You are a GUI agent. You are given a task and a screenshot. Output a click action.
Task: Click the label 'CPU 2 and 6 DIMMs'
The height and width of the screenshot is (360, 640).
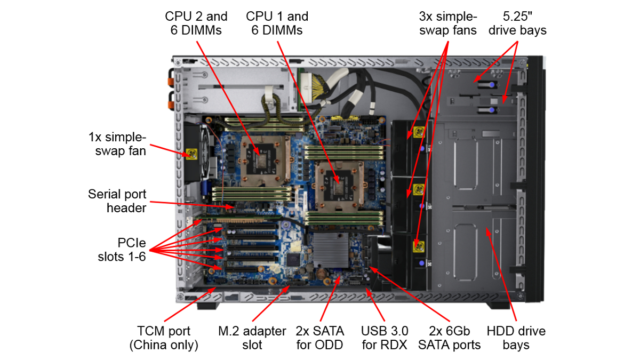click(x=196, y=23)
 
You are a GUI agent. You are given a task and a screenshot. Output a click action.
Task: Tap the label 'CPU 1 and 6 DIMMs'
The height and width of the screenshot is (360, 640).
click(x=277, y=23)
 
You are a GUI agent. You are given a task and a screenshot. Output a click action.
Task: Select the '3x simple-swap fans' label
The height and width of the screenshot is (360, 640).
click(x=447, y=23)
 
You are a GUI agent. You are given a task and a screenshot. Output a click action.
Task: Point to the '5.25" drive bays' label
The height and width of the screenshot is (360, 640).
click(x=517, y=23)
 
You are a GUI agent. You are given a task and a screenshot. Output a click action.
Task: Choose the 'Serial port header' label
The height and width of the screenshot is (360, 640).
click(x=117, y=201)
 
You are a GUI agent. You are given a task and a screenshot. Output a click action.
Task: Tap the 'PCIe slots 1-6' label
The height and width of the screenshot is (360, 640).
click(x=122, y=249)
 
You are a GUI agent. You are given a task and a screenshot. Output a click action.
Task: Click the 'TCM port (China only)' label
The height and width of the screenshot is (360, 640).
click(x=164, y=338)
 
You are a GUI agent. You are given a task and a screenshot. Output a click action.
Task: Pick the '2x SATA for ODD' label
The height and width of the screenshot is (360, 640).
click(x=320, y=338)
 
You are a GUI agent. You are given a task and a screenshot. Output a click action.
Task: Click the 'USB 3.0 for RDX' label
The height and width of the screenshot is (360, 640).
click(x=384, y=338)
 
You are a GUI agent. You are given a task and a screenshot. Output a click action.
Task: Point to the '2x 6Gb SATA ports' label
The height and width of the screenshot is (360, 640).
click(x=449, y=338)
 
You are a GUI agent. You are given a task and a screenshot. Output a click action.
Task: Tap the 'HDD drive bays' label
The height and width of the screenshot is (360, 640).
click(x=516, y=338)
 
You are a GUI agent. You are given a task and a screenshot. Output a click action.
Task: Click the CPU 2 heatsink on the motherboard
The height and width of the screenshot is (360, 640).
click(x=262, y=155)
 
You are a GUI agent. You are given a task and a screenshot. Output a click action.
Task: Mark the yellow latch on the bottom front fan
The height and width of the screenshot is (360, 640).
click(x=418, y=246)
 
